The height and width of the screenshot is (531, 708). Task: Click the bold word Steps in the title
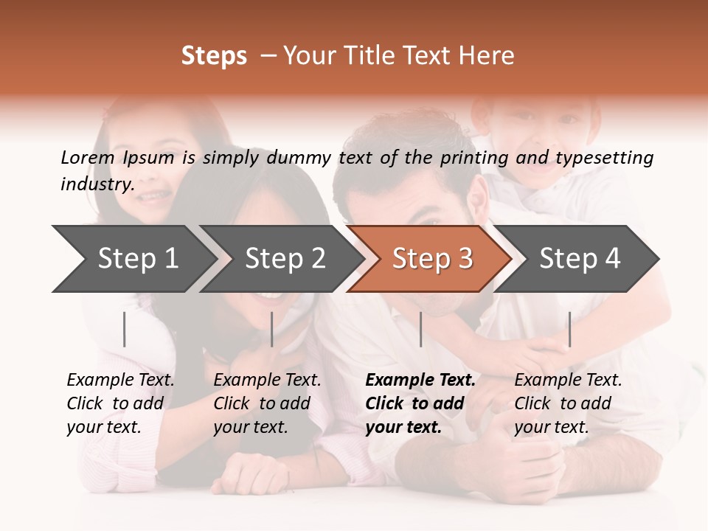point(214,56)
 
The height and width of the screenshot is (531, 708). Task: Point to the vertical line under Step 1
point(125,329)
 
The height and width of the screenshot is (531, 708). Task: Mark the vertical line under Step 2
point(272,329)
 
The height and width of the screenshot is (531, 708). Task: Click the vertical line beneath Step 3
point(420,329)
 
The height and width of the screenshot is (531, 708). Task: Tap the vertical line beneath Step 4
point(569,329)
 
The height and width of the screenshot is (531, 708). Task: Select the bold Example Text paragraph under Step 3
point(420,403)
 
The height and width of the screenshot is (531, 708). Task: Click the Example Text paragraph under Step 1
point(120,403)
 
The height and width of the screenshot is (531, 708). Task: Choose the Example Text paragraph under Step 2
point(267,403)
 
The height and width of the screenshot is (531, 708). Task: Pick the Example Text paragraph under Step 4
point(568,403)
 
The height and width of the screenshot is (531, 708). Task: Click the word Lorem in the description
point(88,157)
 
